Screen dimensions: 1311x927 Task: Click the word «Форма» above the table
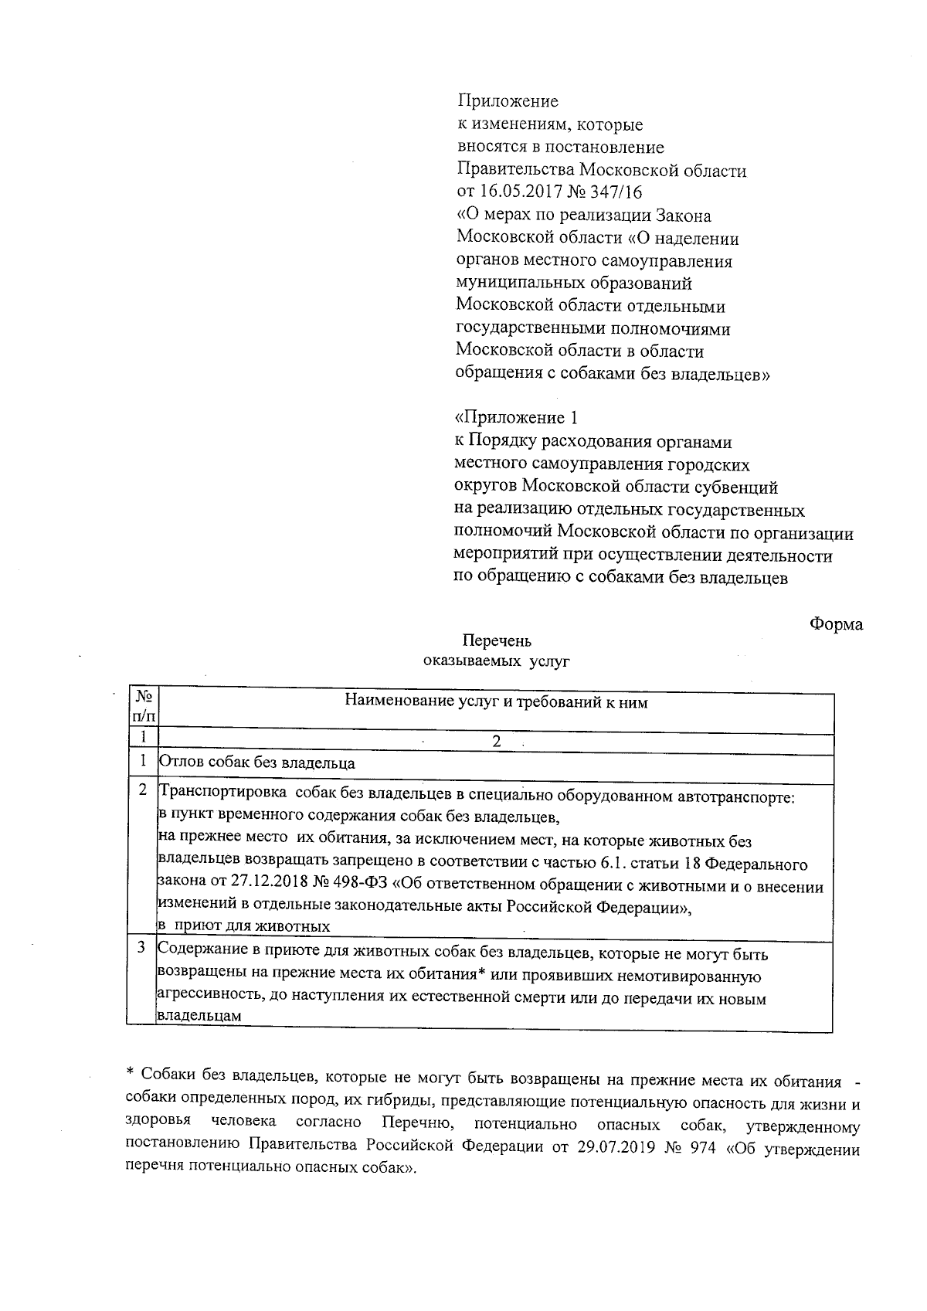click(836, 624)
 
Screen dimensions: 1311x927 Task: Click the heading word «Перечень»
click(497, 641)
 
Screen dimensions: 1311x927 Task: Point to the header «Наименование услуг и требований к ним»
click(496, 702)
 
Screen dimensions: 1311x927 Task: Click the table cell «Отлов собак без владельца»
click(257, 763)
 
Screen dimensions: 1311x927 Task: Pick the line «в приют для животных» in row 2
click(244, 926)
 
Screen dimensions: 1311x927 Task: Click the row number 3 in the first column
click(142, 948)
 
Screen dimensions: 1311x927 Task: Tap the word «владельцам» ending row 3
click(199, 1017)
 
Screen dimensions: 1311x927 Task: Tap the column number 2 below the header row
click(497, 742)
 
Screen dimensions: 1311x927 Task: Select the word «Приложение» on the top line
click(508, 101)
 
